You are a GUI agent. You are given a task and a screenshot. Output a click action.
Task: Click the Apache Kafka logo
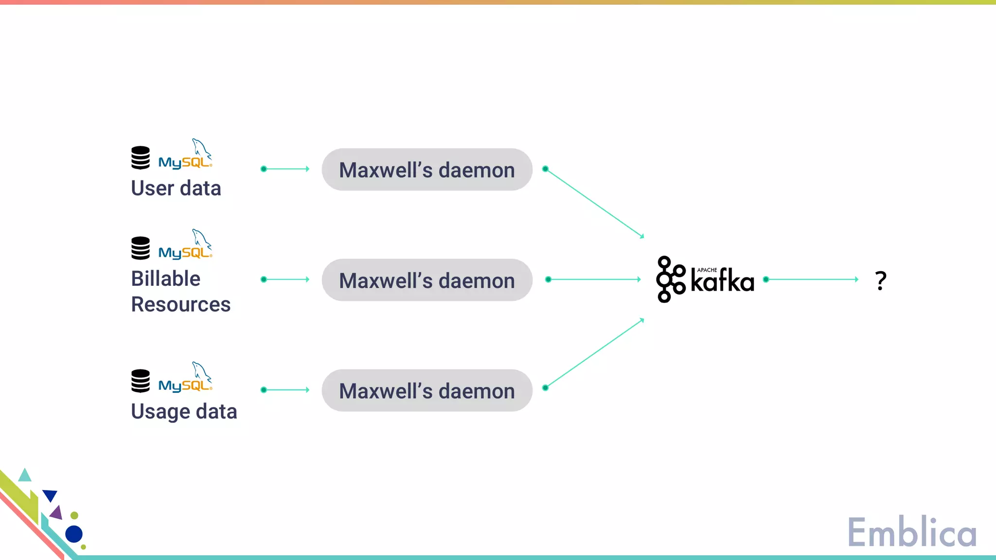(705, 280)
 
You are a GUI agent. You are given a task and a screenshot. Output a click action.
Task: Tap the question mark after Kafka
(880, 280)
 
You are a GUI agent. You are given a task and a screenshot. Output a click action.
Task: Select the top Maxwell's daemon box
(427, 170)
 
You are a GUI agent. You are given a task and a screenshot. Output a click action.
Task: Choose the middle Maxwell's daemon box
(427, 280)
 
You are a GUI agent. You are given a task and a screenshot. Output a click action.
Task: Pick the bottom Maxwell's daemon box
(427, 390)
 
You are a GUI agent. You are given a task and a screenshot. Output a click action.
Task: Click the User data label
(176, 188)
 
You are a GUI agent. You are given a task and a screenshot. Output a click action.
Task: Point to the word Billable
(165, 279)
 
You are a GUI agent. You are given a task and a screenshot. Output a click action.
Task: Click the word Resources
(180, 304)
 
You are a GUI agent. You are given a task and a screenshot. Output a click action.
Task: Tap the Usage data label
(184, 412)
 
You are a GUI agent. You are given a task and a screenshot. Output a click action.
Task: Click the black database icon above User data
(141, 157)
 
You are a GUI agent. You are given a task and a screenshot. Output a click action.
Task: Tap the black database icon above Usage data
(141, 381)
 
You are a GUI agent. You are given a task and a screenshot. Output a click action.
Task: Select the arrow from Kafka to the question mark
(812, 280)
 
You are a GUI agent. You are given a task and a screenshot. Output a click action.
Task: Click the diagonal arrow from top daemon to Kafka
(594, 203)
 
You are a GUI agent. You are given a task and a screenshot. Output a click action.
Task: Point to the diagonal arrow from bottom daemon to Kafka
(594, 354)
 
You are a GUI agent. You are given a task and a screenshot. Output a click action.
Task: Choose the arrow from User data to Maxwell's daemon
(285, 169)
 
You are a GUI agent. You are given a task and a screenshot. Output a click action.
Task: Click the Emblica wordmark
(912, 533)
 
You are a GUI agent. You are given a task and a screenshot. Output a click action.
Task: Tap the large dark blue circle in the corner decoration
(74, 534)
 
